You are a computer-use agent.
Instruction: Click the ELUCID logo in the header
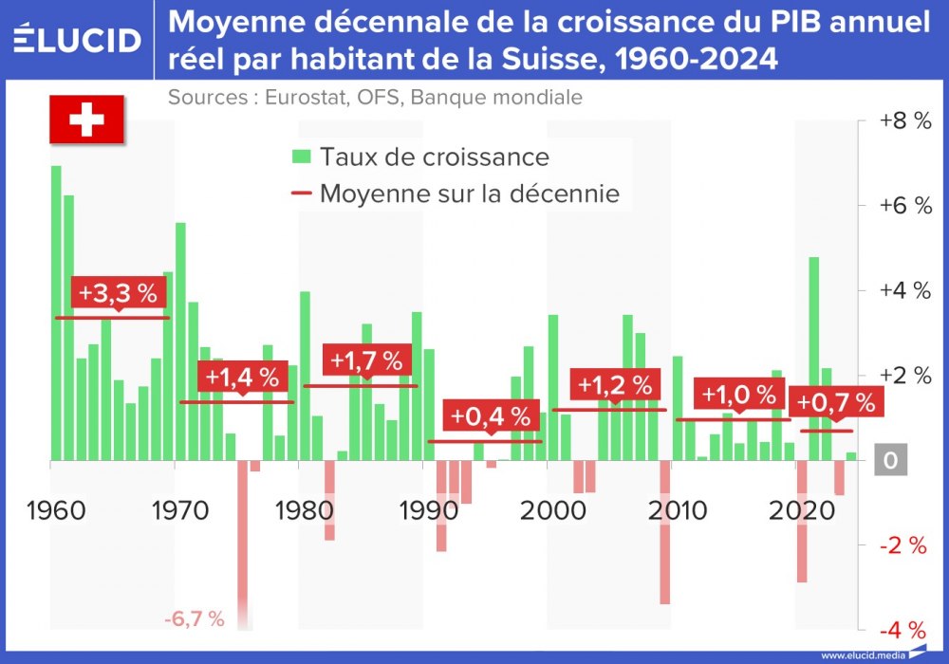78,39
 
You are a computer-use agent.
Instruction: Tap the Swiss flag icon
87,120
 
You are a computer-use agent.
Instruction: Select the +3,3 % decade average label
118,293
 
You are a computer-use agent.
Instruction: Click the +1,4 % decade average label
242,377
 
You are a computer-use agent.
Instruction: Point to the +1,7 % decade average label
366,360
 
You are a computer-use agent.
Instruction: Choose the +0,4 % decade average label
490,416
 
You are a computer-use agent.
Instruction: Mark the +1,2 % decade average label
615,385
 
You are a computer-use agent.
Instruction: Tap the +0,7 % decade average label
835,402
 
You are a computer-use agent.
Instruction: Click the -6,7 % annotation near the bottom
194,619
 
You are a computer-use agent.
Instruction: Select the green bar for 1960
56,313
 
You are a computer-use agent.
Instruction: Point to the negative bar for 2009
664,532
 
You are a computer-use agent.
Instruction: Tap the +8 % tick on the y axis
904,121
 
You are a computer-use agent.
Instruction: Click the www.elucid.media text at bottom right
862,655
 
